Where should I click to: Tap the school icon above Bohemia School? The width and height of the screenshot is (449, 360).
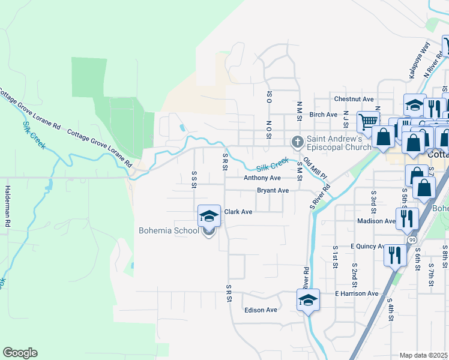point(209,215)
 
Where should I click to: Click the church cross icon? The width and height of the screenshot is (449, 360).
point(297,142)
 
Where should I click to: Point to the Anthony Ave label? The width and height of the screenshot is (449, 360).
point(262,178)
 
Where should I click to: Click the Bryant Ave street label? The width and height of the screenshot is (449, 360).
point(273,191)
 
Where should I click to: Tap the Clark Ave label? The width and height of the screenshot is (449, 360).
point(238,212)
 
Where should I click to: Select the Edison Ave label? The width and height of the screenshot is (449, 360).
point(261,310)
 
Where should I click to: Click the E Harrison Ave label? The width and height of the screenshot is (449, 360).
point(357,293)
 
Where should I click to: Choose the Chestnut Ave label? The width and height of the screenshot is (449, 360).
point(354,99)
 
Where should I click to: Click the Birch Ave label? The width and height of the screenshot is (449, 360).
point(324,115)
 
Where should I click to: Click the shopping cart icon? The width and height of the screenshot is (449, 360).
point(367,121)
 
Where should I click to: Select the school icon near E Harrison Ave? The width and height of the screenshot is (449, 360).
point(308,299)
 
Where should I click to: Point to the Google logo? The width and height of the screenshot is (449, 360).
point(20,353)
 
